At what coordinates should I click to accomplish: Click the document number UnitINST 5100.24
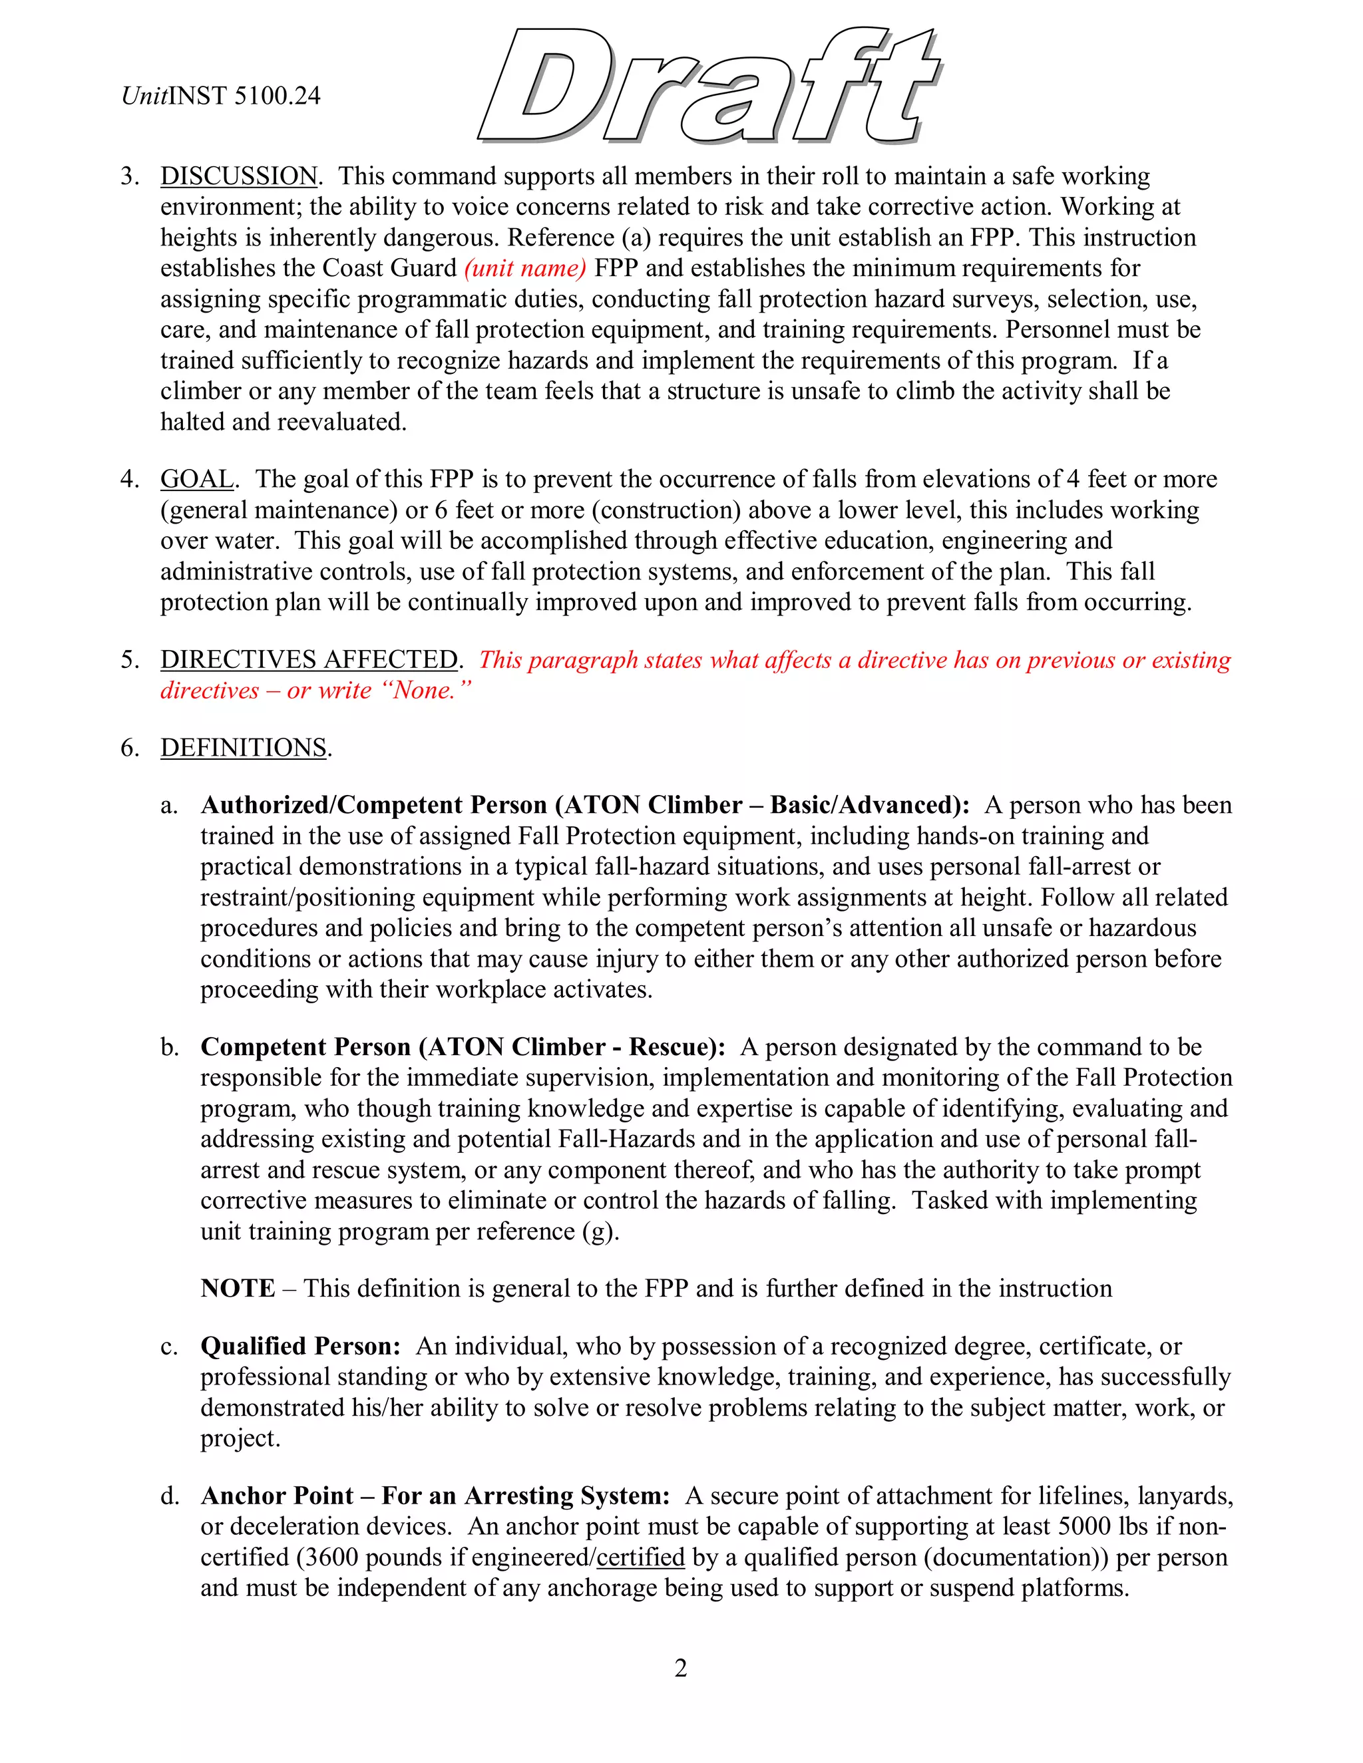220,96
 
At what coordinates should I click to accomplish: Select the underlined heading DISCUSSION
239,176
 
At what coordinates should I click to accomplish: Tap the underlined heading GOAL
197,479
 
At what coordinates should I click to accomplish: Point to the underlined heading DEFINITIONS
244,748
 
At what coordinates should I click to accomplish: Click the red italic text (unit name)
525,268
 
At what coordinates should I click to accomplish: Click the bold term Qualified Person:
300,1346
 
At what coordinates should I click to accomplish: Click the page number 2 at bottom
681,1667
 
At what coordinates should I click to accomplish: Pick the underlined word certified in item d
640,1557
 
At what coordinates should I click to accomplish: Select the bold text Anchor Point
277,1496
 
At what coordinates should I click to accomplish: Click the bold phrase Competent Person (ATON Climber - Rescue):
463,1047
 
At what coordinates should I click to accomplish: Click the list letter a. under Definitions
169,806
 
